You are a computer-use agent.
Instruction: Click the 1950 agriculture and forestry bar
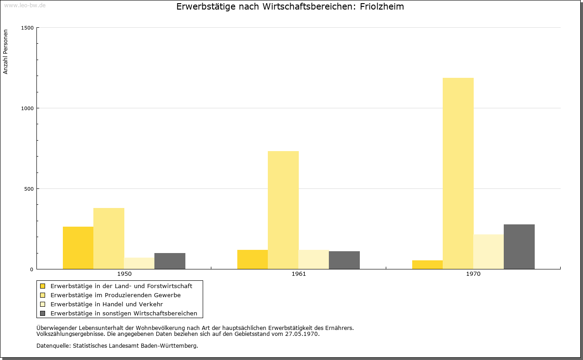78,248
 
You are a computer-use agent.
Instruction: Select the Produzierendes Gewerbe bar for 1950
109,238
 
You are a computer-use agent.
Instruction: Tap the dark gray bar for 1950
170,261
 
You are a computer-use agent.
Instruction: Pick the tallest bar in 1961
283,210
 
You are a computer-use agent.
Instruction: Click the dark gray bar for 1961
344,260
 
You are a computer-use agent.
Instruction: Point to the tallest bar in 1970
458,173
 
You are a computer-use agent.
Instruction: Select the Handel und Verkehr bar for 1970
489,252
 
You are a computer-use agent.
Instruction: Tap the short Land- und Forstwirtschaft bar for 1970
427,265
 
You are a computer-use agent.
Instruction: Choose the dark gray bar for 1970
519,247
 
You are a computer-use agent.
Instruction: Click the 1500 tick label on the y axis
27,28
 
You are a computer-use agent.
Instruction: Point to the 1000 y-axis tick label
27,108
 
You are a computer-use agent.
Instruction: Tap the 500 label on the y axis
29,189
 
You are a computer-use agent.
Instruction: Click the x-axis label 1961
299,274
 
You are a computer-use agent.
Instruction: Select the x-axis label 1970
473,274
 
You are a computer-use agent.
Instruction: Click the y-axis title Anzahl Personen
5,52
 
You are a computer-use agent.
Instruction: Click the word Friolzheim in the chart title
382,6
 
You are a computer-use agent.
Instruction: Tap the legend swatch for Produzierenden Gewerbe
43,295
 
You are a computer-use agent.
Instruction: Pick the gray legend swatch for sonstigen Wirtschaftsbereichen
43,314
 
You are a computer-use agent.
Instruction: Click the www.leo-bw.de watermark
25,5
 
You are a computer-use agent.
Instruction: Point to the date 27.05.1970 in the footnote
302,334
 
